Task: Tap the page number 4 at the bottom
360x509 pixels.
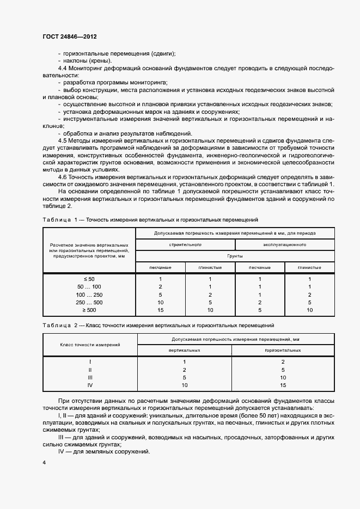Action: (44, 462)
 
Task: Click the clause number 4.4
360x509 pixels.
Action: (62, 68)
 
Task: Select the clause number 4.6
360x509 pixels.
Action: (62, 176)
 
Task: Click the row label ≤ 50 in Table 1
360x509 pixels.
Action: (89, 279)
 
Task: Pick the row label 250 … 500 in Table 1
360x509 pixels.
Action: (89, 302)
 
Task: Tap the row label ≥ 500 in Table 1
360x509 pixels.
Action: (89, 309)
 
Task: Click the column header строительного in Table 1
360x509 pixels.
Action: (185, 245)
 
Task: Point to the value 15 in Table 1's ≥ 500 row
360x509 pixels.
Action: (161, 309)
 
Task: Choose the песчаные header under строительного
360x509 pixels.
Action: (161, 267)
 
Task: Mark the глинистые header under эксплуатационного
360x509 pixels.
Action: (309, 267)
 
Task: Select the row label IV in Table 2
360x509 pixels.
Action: (90, 385)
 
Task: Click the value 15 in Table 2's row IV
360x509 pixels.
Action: (283, 385)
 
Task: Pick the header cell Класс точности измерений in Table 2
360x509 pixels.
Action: (90, 345)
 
